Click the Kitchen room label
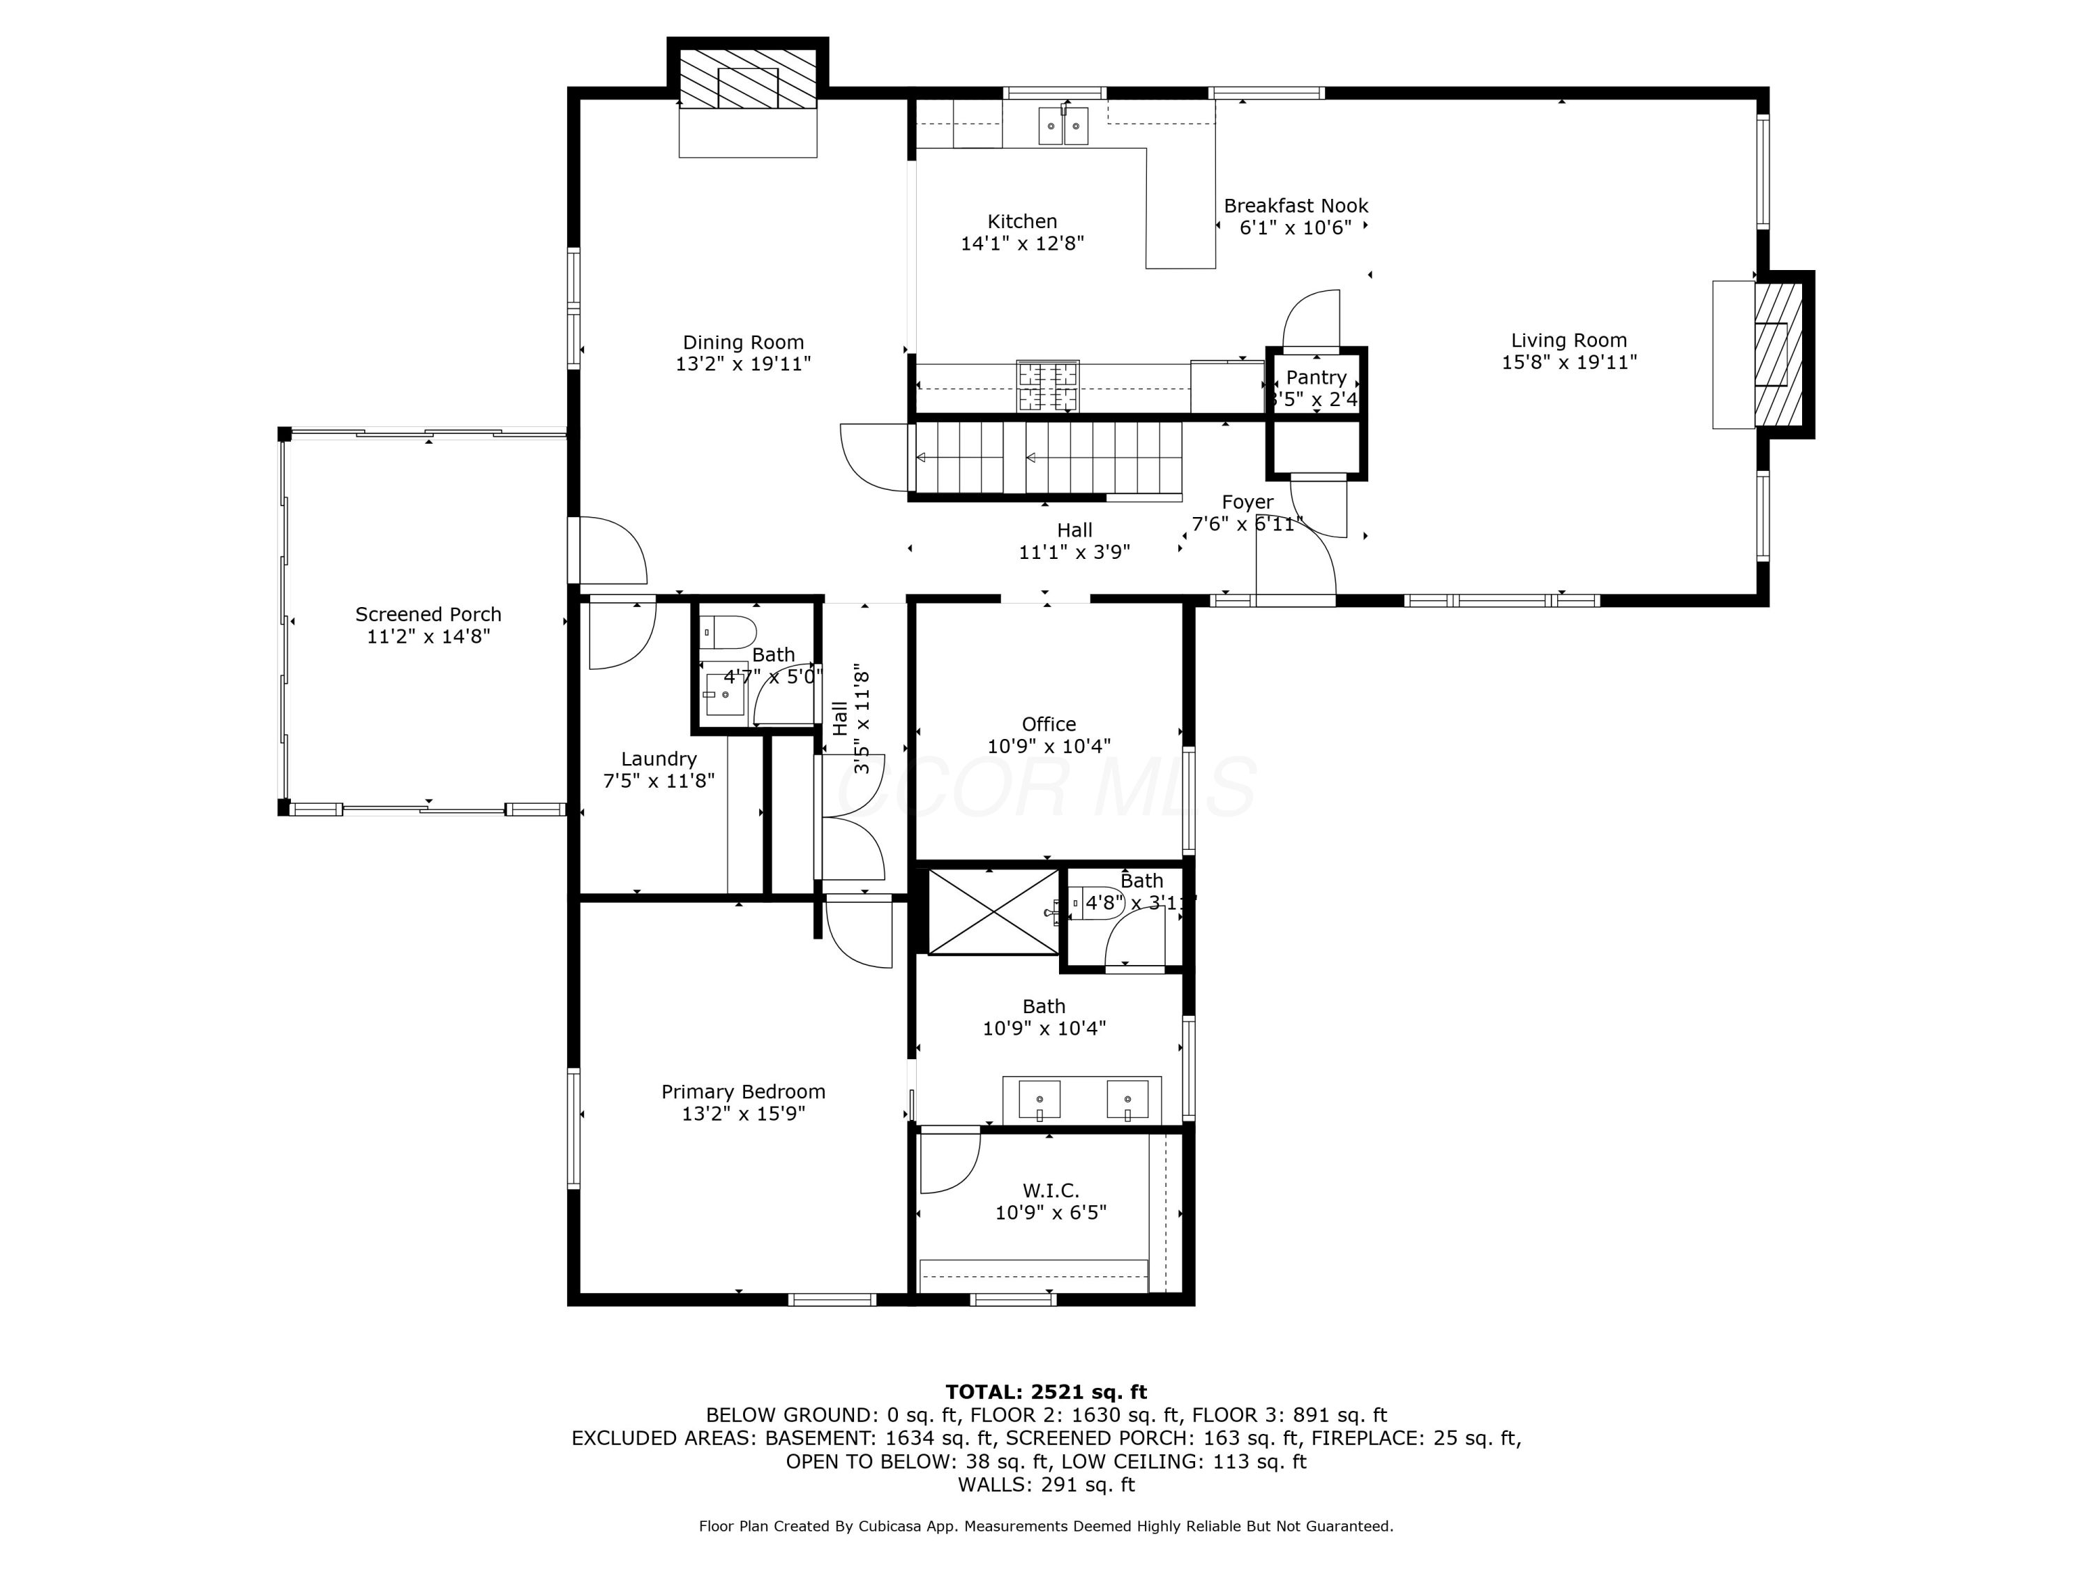[1022, 221]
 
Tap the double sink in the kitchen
[1063, 126]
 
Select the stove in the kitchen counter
[1047, 386]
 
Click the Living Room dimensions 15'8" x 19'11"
[1569, 362]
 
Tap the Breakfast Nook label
[1296, 205]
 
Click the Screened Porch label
[428, 614]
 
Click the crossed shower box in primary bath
[993, 911]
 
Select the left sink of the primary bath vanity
[1039, 1100]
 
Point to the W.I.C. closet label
[1050, 1190]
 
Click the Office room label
[1049, 724]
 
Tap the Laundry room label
[659, 759]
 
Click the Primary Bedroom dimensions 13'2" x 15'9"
[743, 1114]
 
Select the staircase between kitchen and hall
[1046, 458]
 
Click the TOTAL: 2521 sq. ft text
[1046, 1392]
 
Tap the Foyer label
[1247, 502]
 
